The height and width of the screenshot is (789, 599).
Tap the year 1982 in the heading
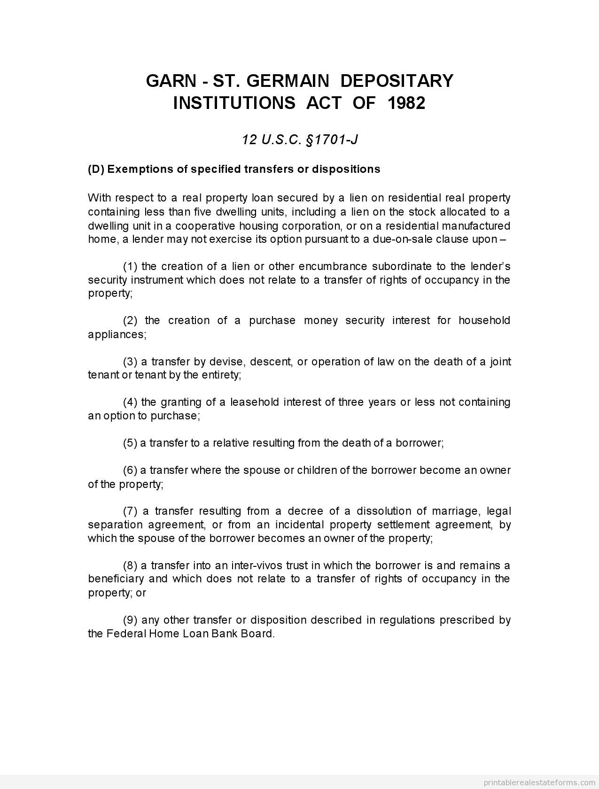click(406, 103)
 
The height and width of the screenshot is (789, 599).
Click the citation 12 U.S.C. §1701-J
click(300, 139)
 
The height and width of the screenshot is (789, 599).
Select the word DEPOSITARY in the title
click(397, 81)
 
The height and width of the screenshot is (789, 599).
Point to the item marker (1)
click(130, 266)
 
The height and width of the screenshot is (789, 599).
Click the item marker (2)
click(130, 320)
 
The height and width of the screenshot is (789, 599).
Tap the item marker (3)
click(130, 362)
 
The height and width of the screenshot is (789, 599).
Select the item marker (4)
click(130, 402)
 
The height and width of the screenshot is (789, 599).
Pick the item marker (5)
click(130, 443)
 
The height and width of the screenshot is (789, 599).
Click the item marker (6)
click(130, 470)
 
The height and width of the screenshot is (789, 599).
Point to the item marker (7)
click(130, 511)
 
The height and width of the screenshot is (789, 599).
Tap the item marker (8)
click(130, 565)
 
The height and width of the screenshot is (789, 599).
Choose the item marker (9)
click(130, 620)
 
